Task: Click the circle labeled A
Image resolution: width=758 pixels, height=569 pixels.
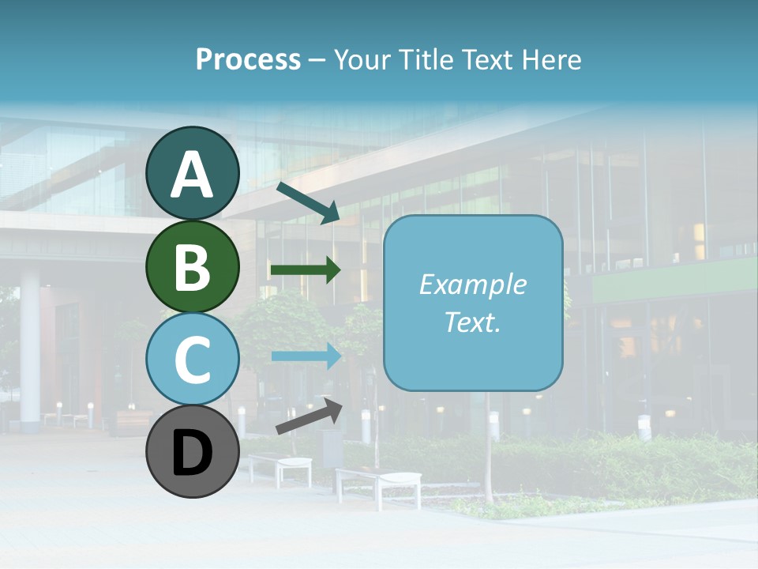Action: coord(193,173)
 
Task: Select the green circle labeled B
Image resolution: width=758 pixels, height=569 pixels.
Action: coord(193,266)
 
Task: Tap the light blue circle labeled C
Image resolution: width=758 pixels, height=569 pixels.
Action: coord(193,359)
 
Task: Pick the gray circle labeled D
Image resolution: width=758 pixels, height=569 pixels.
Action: coord(193,451)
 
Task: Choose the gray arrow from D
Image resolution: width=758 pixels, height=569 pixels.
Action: coord(308,416)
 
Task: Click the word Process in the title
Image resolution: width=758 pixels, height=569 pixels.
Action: coord(248,59)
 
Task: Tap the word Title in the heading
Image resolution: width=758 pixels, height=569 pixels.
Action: coord(423,59)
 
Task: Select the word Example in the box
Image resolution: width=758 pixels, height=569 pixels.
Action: coord(472,284)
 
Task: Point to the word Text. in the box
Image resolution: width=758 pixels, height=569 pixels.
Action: coord(472,322)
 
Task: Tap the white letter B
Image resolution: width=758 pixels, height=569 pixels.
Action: coord(193,266)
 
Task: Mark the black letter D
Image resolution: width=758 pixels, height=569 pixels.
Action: coord(193,453)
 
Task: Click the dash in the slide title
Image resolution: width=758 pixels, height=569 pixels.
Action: coord(317,61)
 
